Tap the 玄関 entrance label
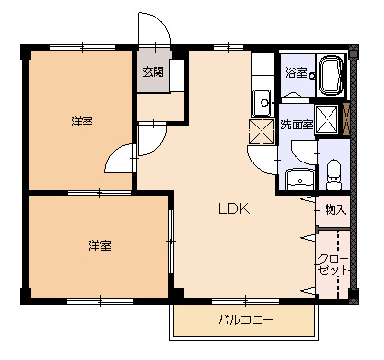(153, 71)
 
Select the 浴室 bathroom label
(296, 73)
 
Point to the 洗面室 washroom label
(296, 125)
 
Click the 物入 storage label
(335, 209)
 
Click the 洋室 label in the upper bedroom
(82, 122)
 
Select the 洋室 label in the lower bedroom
(100, 245)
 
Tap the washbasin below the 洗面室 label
(299, 178)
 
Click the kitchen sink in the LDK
(262, 100)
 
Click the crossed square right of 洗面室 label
(329, 121)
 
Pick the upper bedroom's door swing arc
(122, 158)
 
